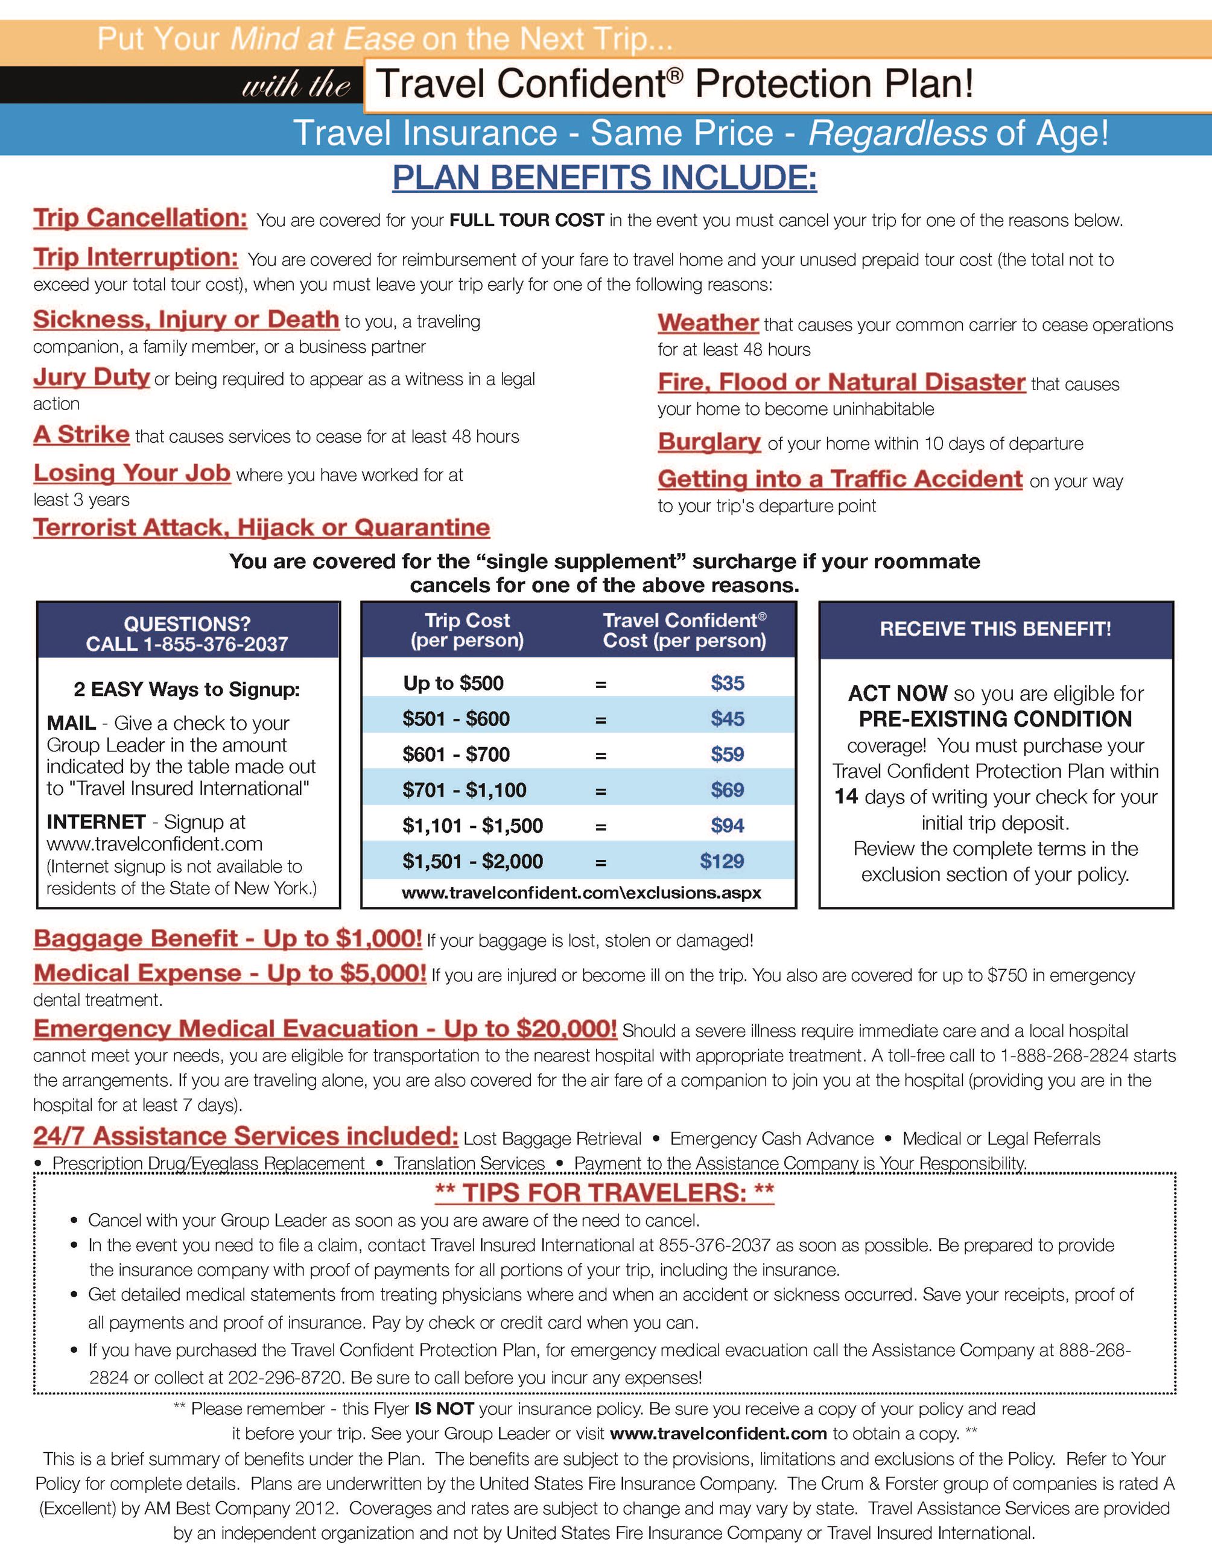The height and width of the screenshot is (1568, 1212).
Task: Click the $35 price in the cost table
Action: (x=728, y=683)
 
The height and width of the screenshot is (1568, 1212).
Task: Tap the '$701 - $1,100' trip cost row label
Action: (x=464, y=791)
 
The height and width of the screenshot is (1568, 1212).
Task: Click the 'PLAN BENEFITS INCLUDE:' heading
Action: (x=604, y=177)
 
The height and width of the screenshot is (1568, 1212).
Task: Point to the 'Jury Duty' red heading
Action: (x=91, y=377)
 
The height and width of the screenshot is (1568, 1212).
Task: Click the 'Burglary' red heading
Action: (x=709, y=441)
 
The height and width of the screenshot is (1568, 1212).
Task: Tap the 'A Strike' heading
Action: (x=81, y=434)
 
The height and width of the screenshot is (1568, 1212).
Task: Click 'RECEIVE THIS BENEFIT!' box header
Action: (x=995, y=630)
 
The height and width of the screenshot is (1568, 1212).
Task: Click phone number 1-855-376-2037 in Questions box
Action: (x=215, y=645)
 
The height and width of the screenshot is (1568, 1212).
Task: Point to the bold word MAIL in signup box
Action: (x=71, y=723)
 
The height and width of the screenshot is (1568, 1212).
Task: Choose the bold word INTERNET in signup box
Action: (x=96, y=821)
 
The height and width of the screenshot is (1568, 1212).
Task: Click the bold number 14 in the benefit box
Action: (x=846, y=797)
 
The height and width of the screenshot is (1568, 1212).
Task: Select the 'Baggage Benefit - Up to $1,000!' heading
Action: (x=227, y=938)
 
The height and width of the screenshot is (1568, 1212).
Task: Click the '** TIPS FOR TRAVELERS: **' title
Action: (x=604, y=1193)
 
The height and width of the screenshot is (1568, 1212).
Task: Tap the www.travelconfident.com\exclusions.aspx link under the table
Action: (x=581, y=893)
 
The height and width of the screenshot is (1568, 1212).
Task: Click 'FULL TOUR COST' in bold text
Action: (x=526, y=220)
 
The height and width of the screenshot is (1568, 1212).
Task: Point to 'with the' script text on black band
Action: (x=296, y=86)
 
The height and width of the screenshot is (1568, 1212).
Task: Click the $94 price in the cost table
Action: (x=728, y=826)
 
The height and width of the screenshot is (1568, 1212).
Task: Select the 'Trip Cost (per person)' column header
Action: (x=467, y=630)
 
